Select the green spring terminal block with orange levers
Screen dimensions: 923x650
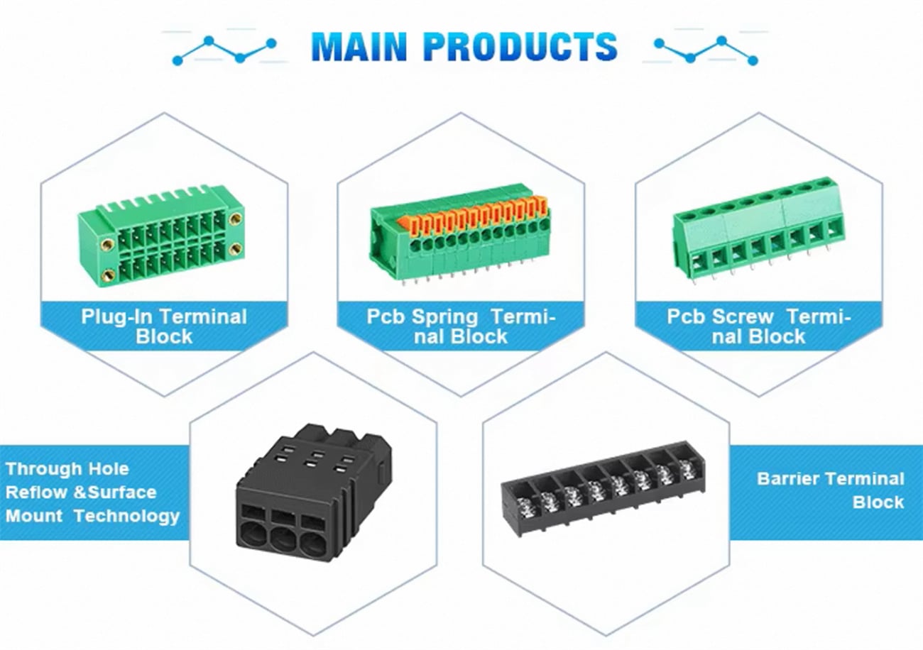[x=460, y=235]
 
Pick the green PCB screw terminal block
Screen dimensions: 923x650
[x=758, y=231]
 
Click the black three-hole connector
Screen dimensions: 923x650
[x=313, y=492]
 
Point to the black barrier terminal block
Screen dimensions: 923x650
[x=603, y=488]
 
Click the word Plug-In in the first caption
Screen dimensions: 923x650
[x=117, y=316]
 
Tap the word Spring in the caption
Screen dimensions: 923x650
[x=444, y=316]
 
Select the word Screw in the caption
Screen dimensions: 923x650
[x=743, y=316]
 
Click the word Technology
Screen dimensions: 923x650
[x=127, y=517]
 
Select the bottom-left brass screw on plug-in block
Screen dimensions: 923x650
[x=109, y=273]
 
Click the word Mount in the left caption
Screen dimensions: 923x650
[x=34, y=516]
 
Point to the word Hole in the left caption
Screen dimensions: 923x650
[x=109, y=469]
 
